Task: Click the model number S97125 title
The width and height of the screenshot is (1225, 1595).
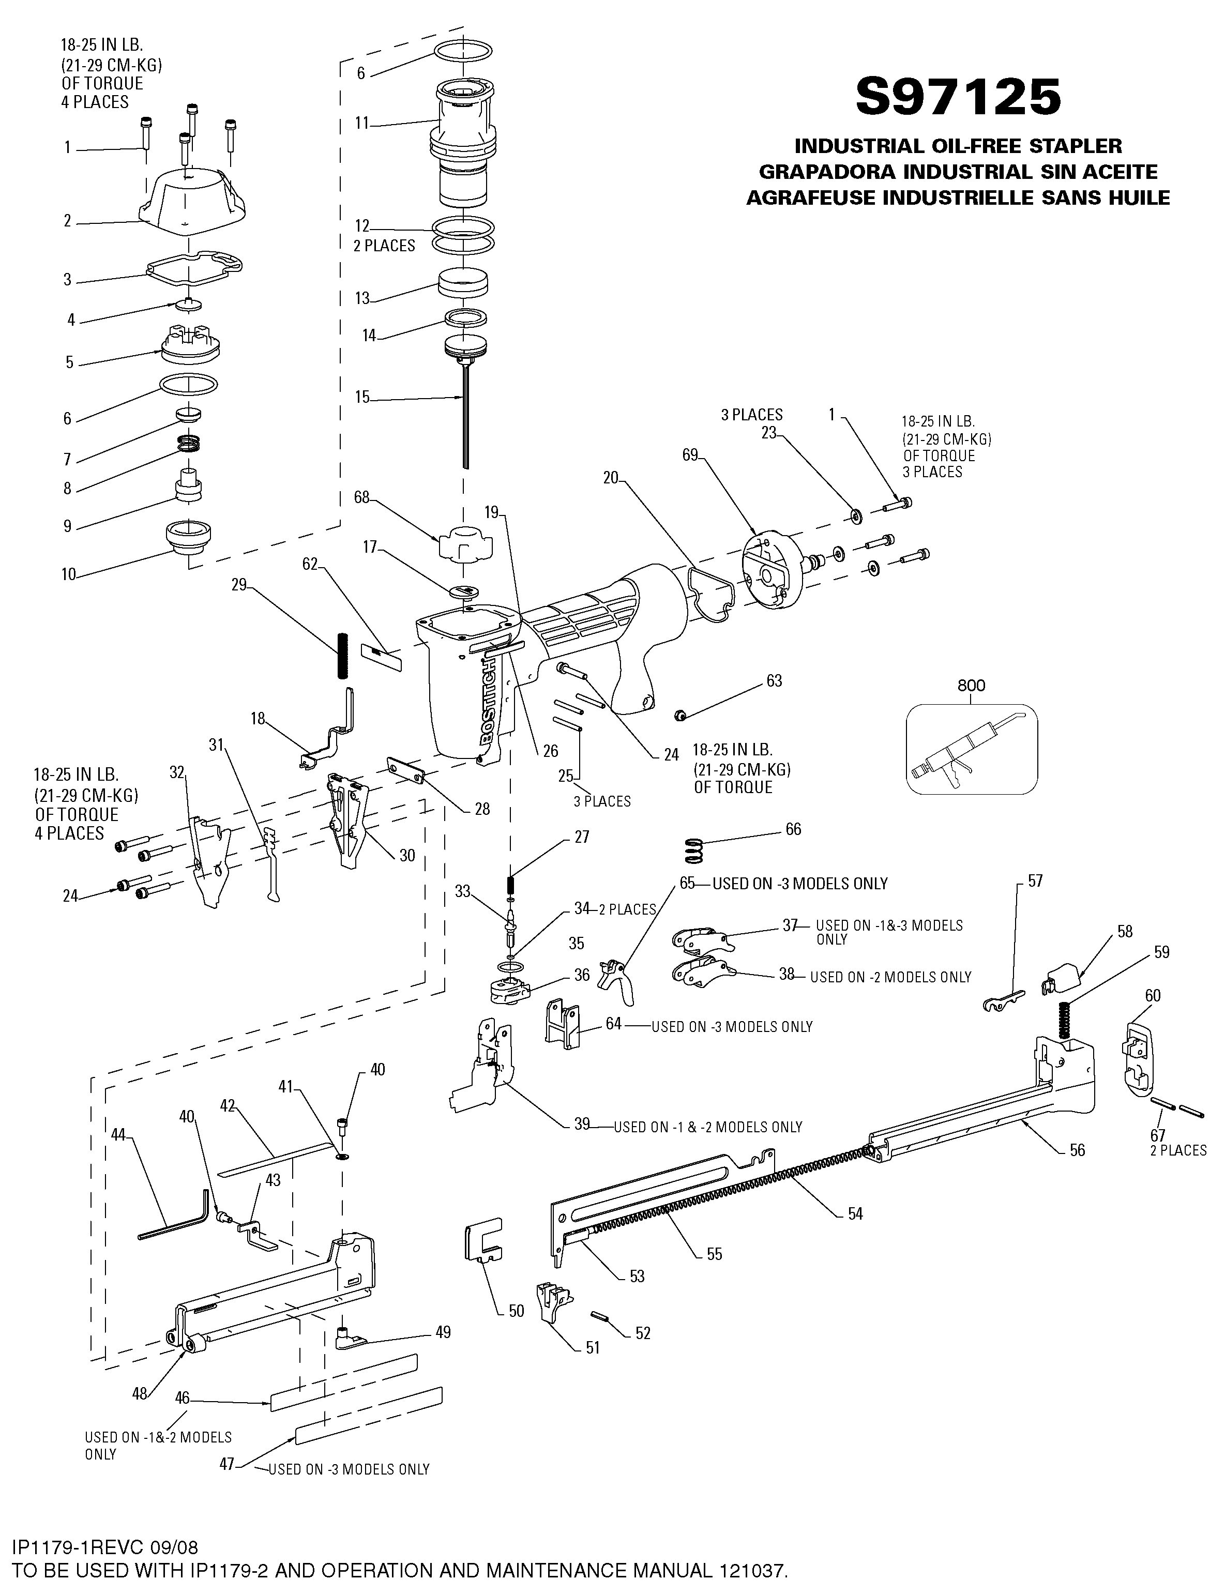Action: coord(957,97)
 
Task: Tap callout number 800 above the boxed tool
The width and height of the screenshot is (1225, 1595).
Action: coord(971,685)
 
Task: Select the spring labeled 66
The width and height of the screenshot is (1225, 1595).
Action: coord(695,850)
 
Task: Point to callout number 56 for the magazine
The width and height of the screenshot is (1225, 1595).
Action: coord(1077,1150)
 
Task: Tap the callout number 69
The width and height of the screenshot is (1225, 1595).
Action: coord(690,455)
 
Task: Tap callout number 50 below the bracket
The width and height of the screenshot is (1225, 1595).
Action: coord(516,1312)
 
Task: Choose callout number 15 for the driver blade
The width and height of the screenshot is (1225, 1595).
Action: coord(362,397)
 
